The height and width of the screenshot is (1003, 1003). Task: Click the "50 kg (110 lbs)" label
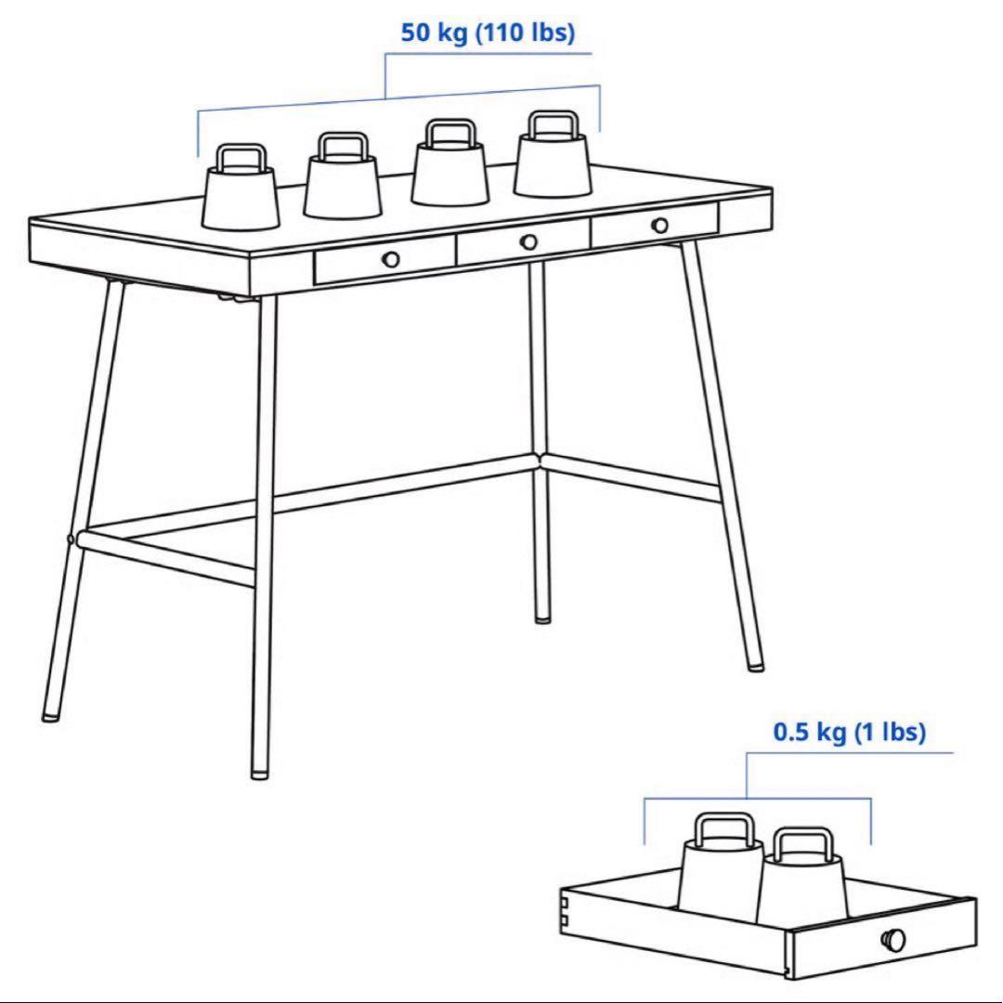tap(488, 33)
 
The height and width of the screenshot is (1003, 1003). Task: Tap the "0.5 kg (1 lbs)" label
tap(850, 733)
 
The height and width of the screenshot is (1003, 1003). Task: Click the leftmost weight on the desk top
tap(241, 197)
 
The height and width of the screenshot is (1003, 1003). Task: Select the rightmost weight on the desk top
tap(554, 164)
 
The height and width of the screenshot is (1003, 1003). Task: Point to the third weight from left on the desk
tap(449, 174)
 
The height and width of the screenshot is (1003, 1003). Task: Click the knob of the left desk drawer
tap(391, 259)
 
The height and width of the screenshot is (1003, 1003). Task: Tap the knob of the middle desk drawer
tap(528, 241)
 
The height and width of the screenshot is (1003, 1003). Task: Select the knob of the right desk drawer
tap(659, 225)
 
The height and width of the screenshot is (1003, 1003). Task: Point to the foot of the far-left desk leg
tap(49, 714)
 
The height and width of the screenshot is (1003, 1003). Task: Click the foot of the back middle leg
tap(542, 616)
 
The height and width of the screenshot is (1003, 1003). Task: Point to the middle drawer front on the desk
tap(523, 242)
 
